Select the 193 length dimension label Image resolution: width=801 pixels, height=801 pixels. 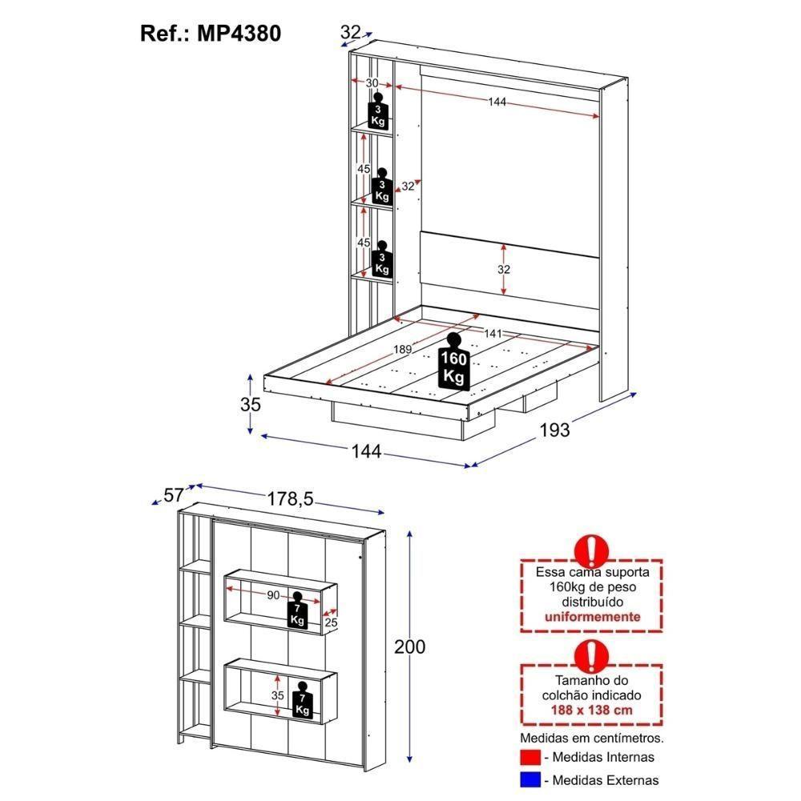pyautogui.click(x=554, y=430)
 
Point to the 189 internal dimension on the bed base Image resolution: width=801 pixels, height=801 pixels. pyautogui.click(x=404, y=348)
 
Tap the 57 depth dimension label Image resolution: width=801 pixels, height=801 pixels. pyautogui.click(x=174, y=494)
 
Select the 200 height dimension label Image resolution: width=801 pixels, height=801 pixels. pyautogui.click(x=409, y=646)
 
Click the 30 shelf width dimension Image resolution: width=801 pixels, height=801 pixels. pyautogui.click(x=372, y=83)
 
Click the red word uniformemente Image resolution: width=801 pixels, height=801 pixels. pyautogui.click(x=592, y=617)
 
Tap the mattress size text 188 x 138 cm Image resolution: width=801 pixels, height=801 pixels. pyautogui.click(x=592, y=710)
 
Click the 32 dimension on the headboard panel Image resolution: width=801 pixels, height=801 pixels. pyautogui.click(x=503, y=270)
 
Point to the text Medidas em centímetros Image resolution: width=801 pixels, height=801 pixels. pyautogui.click(x=592, y=737)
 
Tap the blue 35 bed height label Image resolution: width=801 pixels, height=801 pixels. pyautogui.click(x=251, y=405)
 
